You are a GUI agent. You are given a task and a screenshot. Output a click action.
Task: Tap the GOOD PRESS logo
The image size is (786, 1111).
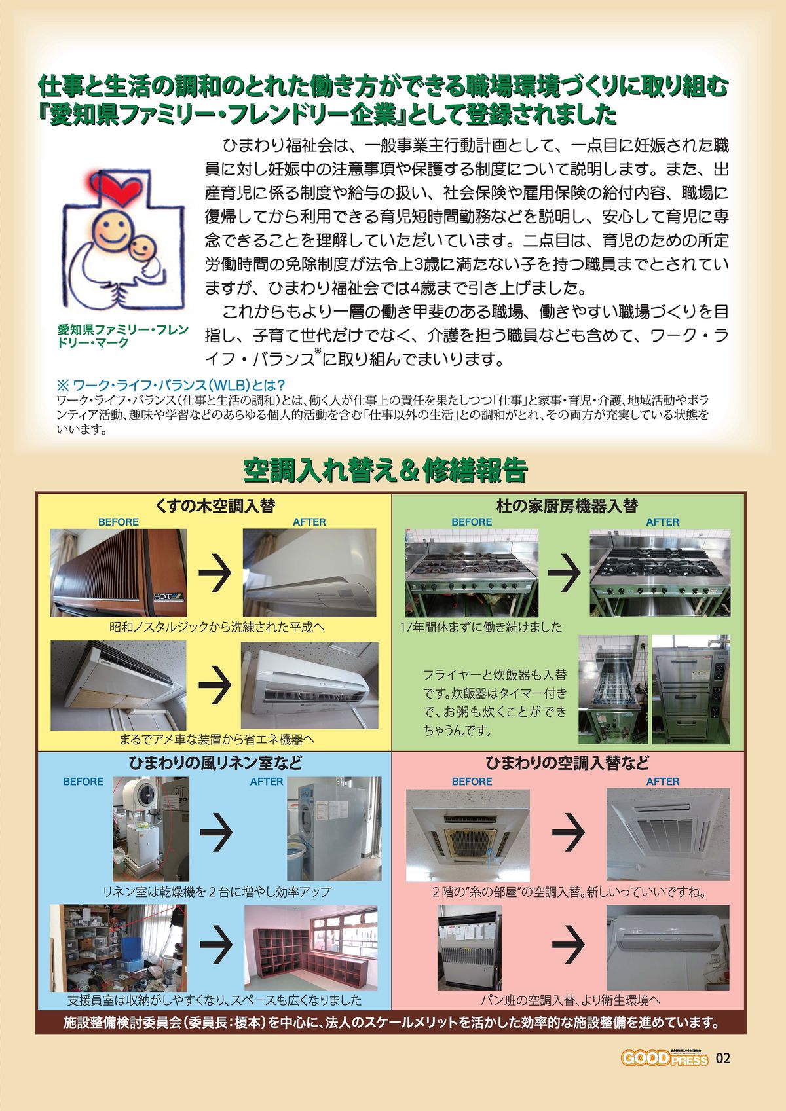(664, 1059)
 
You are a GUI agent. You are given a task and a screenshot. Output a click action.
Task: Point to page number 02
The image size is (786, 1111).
(722, 1059)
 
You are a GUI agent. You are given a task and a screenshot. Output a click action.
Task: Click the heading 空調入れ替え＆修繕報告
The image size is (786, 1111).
(384, 471)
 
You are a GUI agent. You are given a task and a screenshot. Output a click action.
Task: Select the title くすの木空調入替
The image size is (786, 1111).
(215, 506)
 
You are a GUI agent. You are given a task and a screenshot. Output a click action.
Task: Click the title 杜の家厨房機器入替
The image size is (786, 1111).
(567, 506)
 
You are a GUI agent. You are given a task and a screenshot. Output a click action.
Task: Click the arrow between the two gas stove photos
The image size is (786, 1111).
(564, 572)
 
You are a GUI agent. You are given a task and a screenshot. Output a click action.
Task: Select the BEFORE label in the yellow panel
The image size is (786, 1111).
(118, 522)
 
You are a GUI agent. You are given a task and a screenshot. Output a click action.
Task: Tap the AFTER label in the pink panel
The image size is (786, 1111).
(662, 782)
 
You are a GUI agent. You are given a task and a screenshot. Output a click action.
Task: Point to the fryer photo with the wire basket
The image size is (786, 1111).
(613, 689)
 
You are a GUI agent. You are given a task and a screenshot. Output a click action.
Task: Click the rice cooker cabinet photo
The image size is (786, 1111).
(690, 689)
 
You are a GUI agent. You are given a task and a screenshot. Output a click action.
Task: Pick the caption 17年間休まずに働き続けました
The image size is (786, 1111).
(481, 627)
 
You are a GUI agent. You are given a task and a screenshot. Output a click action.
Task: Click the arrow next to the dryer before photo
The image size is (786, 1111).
(216, 831)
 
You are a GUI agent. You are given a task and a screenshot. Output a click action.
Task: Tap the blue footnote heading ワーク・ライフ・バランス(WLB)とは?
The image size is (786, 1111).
(171, 385)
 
